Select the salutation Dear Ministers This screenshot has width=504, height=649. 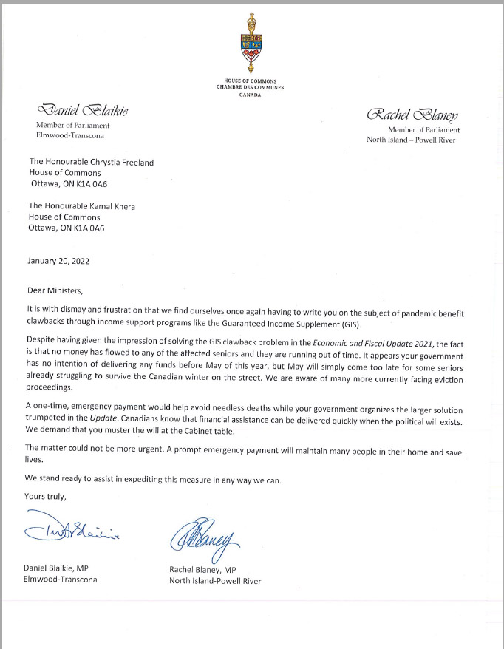[52, 290]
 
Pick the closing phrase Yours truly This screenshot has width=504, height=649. [46, 496]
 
